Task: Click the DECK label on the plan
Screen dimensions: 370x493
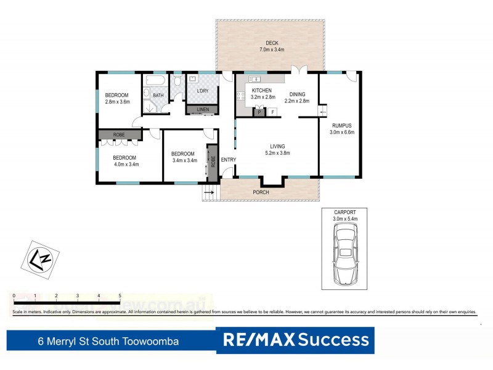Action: pyautogui.click(x=272, y=43)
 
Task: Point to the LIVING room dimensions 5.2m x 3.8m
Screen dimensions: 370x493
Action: pyautogui.click(x=277, y=153)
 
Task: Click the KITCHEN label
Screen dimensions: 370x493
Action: pyautogui.click(x=262, y=91)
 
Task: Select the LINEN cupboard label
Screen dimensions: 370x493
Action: pyautogui.click(x=202, y=110)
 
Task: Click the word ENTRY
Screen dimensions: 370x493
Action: pyautogui.click(x=229, y=160)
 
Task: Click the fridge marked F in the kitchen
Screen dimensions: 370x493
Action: pyautogui.click(x=272, y=112)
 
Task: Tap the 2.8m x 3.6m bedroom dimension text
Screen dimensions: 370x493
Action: pyautogui.click(x=117, y=102)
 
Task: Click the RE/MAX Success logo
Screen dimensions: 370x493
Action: pyautogui.click(x=295, y=340)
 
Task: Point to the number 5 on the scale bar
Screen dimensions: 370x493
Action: pyautogui.click(x=120, y=296)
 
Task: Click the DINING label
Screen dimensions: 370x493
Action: pyautogui.click(x=295, y=94)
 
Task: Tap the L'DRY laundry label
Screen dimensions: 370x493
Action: pyautogui.click(x=203, y=91)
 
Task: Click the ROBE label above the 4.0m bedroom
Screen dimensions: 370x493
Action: pyautogui.click(x=120, y=134)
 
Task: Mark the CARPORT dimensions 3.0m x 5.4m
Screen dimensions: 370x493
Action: pyautogui.click(x=345, y=219)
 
